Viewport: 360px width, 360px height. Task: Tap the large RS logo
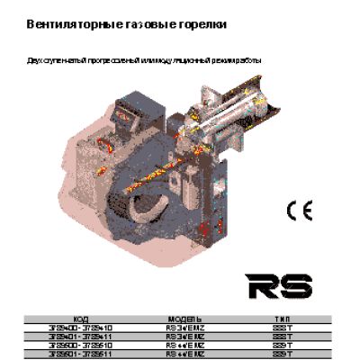[279, 286]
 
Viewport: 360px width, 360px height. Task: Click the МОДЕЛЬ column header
[184, 319]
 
